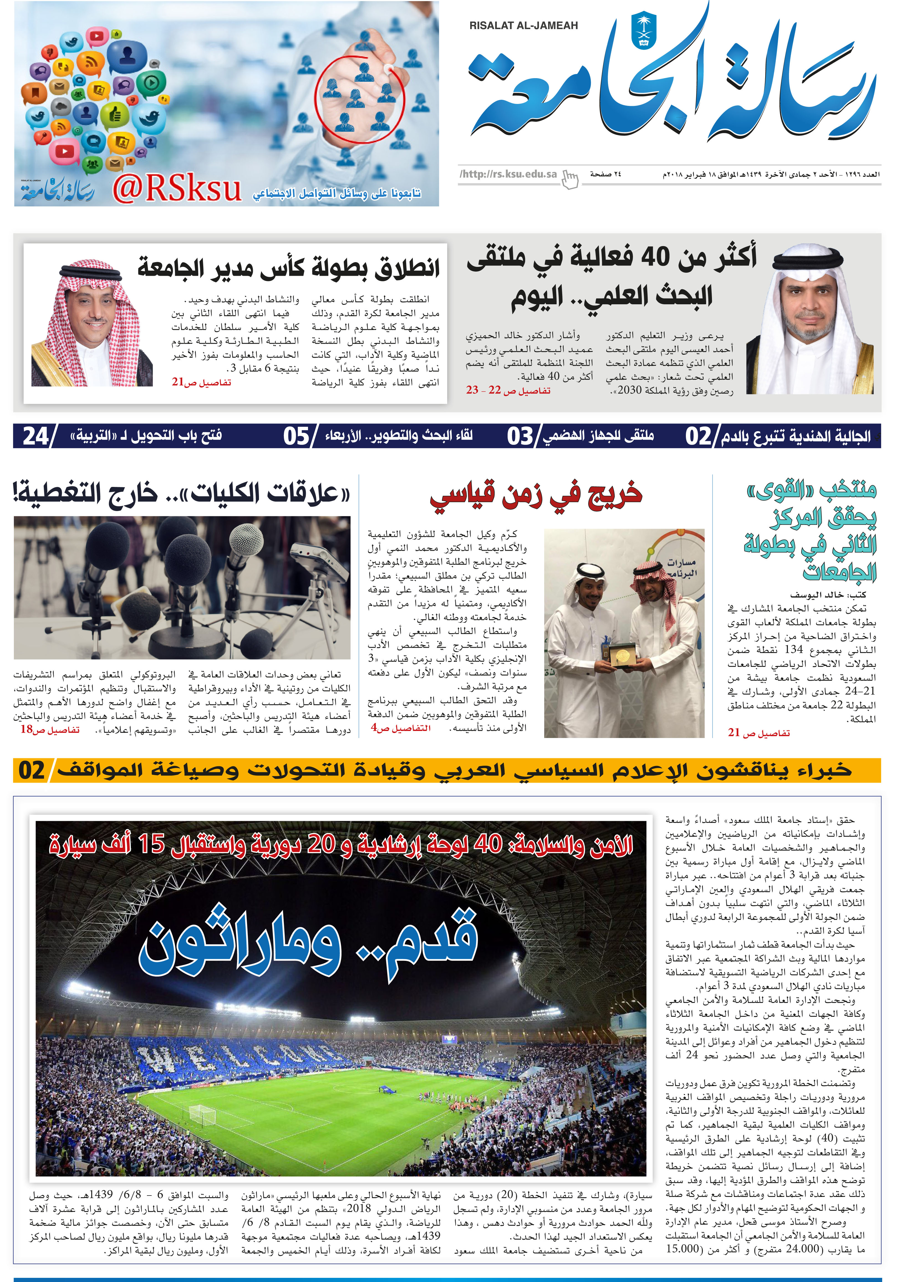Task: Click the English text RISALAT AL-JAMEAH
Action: (523, 26)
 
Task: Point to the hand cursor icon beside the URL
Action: (570, 180)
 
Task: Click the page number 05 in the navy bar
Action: (296, 436)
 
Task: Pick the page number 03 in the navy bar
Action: (520, 436)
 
